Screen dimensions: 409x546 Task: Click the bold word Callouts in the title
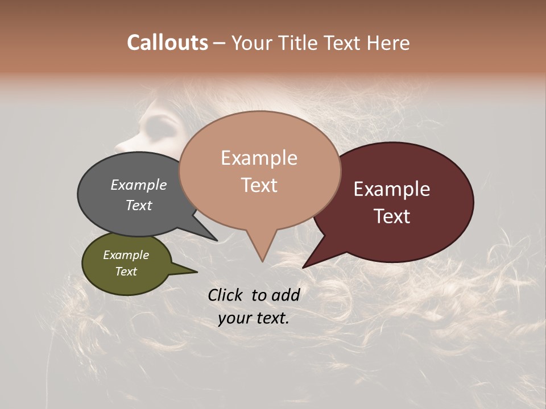pos(167,43)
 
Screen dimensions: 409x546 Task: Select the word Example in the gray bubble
pos(139,185)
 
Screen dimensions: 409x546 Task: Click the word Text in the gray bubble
pos(139,205)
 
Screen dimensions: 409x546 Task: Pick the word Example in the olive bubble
pos(126,255)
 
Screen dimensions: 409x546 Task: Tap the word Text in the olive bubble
pos(126,272)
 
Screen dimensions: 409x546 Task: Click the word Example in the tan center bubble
pos(259,158)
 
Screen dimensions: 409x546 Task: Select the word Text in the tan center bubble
pos(259,185)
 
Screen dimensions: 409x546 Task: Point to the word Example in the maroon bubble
pos(392,189)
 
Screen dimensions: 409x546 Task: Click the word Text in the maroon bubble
pos(392,216)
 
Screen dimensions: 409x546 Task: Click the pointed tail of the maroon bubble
pos(307,265)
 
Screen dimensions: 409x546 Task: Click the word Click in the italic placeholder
pos(226,295)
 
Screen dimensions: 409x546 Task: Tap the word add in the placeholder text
pos(285,295)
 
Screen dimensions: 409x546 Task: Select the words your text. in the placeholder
pos(254,318)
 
